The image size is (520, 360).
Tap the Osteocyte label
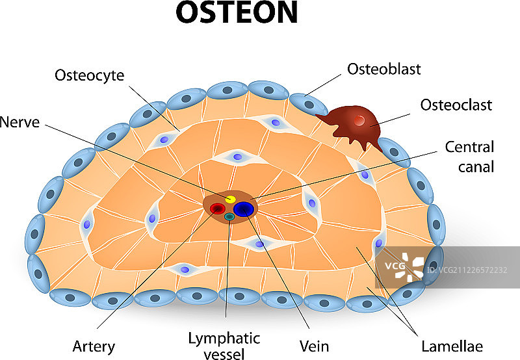90,75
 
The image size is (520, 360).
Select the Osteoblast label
383,69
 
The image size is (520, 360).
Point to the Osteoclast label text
456,105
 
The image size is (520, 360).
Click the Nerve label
20,122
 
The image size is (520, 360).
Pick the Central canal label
469,157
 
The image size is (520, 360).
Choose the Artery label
95,346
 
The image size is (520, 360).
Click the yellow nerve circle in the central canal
230,198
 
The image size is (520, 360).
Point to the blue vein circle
244,209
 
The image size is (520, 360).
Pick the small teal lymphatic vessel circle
229,216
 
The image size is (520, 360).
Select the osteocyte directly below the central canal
259,244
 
